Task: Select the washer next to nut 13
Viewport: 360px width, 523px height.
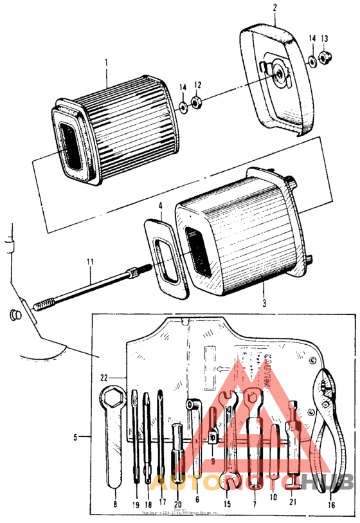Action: tap(311, 61)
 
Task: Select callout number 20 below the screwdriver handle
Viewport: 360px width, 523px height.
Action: tap(178, 504)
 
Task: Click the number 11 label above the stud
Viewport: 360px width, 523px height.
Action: tap(91, 262)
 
